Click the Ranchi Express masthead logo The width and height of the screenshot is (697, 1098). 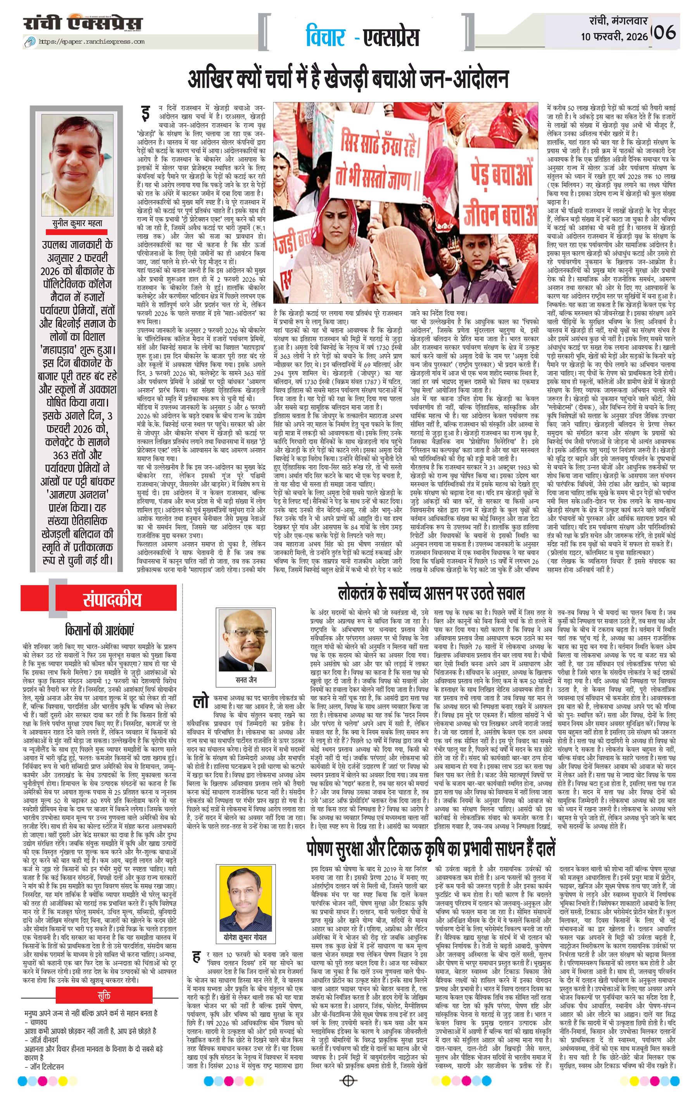tap(83, 24)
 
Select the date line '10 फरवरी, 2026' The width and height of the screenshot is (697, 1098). tap(614, 37)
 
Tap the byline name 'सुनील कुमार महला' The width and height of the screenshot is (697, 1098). tap(77, 223)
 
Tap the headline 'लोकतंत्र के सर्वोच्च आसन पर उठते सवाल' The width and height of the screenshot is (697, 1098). tap(431, 593)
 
